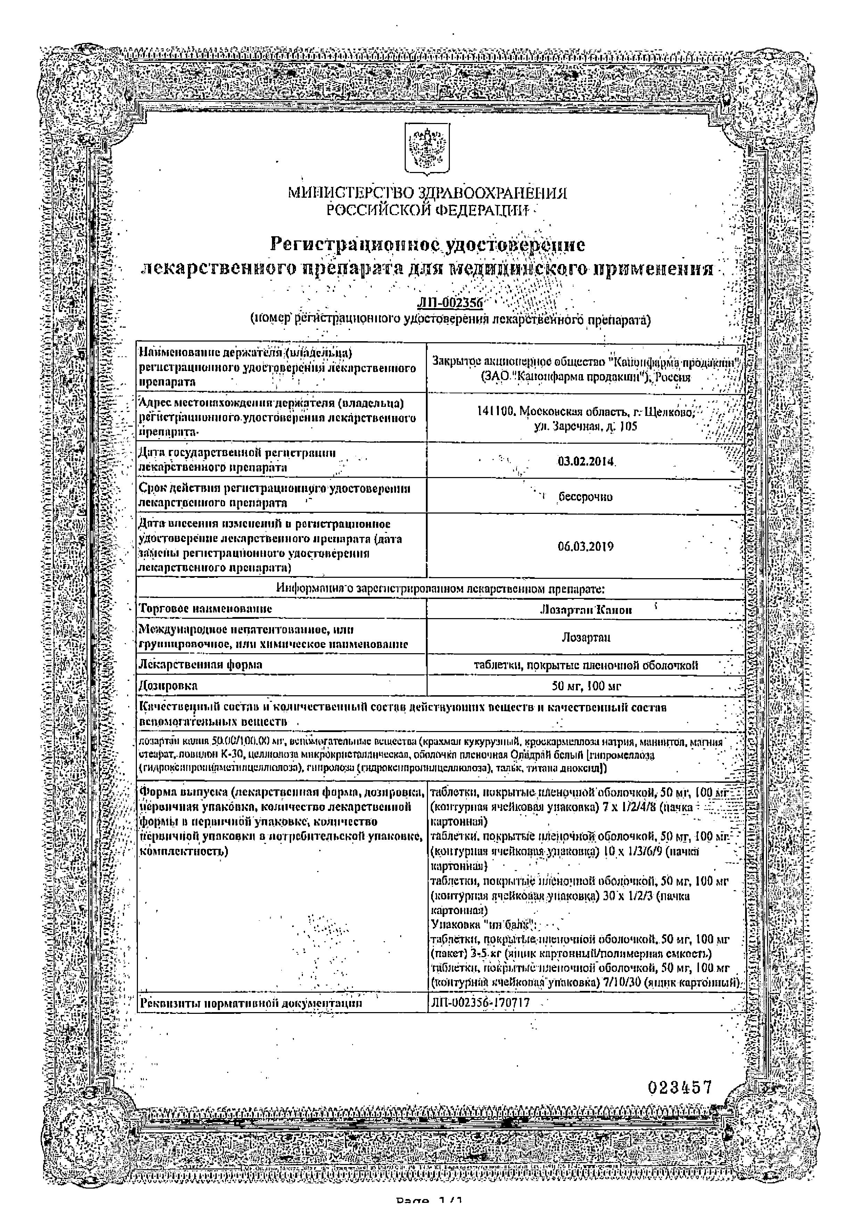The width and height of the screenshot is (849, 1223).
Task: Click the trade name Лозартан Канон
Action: coord(585,610)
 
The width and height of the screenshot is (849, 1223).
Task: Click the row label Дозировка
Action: coord(168,686)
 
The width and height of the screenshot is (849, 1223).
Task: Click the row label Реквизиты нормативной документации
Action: coord(250,1003)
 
